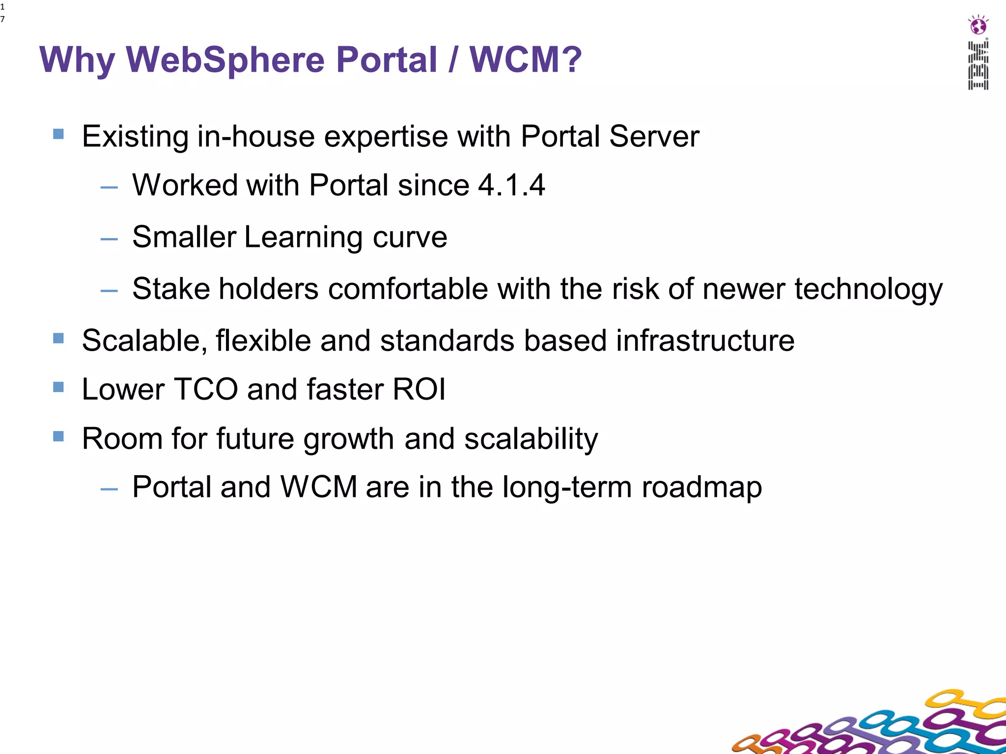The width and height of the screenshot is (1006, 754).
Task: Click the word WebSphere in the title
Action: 226,60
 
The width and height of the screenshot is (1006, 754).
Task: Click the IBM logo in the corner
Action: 978,65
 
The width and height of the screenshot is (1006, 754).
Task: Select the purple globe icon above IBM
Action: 978,25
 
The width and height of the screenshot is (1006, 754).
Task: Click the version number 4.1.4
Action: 511,186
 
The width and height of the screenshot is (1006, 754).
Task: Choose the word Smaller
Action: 184,237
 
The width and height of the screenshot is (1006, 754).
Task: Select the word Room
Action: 122,439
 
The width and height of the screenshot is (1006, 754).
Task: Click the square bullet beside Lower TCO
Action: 58,387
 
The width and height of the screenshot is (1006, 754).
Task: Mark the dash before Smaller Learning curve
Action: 109,240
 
